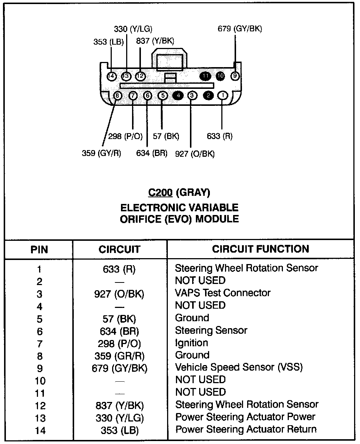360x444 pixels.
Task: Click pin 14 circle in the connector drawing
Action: pos(111,76)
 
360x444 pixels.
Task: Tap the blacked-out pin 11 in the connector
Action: pos(205,76)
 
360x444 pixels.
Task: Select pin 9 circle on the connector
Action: pos(235,76)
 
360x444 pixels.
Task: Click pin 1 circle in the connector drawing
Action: pos(223,96)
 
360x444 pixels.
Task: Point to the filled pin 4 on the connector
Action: pos(178,96)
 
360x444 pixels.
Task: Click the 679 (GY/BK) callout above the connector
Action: pos(240,29)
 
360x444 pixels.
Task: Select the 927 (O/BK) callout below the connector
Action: pos(195,153)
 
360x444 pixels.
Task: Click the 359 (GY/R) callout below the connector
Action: pos(101,153)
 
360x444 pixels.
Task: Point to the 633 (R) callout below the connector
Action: pos(220,136)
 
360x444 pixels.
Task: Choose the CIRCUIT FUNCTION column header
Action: pos(260,249)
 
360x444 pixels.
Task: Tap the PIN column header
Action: pos(39,250)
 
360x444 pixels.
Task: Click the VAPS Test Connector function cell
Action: pos(223,293)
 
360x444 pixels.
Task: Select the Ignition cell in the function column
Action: pos(191,343)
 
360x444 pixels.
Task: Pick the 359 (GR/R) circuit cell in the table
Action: pos(119,356)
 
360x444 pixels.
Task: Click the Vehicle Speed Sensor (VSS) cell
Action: pos(239,367)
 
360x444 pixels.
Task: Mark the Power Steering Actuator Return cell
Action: pos(246,429)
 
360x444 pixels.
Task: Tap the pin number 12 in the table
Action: pos(40,406)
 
